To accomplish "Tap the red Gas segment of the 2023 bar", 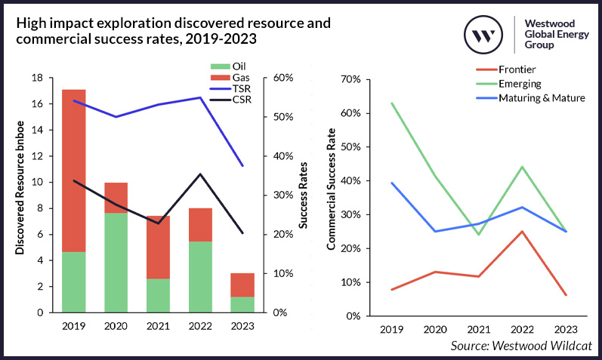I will [242, 285].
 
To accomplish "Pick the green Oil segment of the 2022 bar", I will [199, 276].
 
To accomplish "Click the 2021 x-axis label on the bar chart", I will [158, 326].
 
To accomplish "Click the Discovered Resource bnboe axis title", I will [20, 195].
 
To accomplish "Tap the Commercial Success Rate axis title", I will [331, 198].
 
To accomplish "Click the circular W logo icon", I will [483, 35].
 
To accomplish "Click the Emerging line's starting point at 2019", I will [391, 103].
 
